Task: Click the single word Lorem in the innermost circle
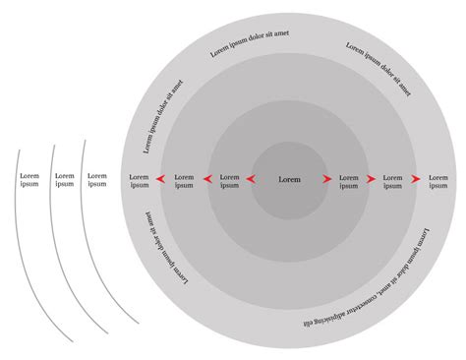(289, 180)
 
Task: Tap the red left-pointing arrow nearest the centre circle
(251, 180)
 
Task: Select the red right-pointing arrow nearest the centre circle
(327, 180)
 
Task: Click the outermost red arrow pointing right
(416, 180)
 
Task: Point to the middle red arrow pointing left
(206, 180)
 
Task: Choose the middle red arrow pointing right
(372, 180)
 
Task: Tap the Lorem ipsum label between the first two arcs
(65, 180)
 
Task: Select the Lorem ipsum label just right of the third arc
(97, 180)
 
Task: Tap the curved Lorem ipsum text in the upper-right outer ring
(379, 68)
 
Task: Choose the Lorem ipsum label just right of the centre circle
(349, 180)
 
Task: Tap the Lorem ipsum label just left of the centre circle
(229, 180)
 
